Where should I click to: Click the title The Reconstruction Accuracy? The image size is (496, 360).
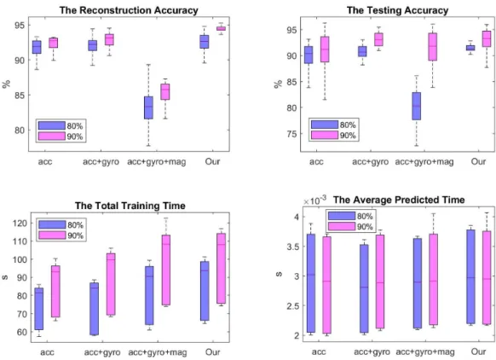point(129,10)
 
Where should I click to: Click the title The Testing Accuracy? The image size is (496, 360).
point(397,10)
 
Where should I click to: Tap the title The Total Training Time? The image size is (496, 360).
point(130,206)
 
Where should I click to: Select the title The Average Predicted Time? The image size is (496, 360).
point(399,200)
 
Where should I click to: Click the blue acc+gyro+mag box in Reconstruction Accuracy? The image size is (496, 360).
point(148,107)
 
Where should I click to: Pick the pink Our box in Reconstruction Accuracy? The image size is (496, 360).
point(221,28)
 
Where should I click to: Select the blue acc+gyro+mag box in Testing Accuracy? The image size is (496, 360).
point(416,106)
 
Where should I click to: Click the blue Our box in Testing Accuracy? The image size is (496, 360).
point(470,48)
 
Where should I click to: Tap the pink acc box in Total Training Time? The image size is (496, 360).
point(55,291)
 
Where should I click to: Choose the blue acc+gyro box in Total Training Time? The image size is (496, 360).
point(94,309)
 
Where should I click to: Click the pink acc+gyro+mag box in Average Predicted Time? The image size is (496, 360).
point(434,280)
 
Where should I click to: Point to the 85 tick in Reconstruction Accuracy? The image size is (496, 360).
point(20,95)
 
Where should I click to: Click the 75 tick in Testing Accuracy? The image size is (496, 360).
point(292,134)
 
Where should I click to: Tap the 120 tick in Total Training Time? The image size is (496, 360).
point(20,224)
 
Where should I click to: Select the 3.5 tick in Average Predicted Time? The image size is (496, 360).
point(292,247)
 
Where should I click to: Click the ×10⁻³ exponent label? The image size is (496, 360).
point(314,200)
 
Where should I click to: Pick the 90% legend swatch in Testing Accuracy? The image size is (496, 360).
point(325,135)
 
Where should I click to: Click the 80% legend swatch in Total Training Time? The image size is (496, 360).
point(52,225)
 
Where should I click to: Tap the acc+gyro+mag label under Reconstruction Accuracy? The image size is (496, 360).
point(157,162)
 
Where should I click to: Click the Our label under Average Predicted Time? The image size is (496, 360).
point(478,351)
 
